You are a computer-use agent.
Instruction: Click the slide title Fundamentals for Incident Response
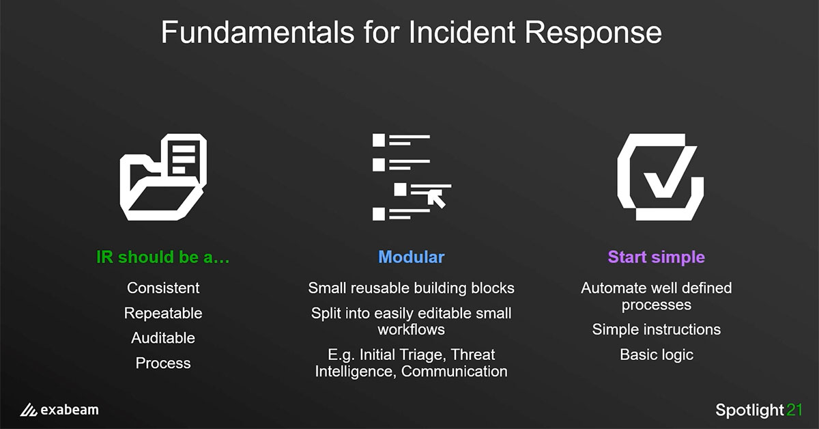410,33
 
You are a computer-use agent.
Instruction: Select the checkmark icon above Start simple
659,176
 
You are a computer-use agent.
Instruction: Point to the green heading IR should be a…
163,258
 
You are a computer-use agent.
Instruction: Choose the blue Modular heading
411,258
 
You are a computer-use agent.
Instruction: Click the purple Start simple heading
656,258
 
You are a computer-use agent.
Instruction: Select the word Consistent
163,288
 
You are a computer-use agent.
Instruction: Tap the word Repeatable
163,314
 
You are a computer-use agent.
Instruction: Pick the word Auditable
163,338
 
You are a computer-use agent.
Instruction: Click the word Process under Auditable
163,363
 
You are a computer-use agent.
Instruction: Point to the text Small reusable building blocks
411,288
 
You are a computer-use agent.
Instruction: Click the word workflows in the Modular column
411,330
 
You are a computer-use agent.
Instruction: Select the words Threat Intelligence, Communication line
411,372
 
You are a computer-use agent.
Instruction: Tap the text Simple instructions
656,330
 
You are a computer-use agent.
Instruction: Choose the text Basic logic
656,355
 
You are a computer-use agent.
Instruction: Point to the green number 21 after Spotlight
794,410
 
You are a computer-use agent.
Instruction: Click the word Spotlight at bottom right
749,411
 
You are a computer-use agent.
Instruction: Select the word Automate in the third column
611,288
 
